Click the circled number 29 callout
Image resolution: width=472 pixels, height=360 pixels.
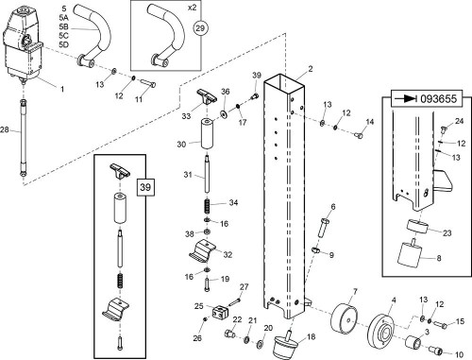(200, 28)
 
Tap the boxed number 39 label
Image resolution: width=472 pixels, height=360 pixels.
(145, 187)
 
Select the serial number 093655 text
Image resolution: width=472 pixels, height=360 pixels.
(438, 99)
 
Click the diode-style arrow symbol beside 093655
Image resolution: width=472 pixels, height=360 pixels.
(405, 99)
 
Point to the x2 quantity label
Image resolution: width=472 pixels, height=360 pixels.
(192, 8)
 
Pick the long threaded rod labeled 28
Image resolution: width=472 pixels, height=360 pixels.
(23, 138)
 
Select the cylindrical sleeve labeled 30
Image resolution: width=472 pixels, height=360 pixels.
(207, 134)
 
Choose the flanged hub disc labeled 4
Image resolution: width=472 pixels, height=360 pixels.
(381, 331)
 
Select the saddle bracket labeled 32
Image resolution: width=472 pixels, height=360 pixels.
(204, 250)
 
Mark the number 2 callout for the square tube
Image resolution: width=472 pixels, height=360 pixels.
(311, 69)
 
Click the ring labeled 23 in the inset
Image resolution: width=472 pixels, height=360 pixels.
(417, 227)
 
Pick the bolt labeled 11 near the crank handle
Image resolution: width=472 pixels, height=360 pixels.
(148, 84)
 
